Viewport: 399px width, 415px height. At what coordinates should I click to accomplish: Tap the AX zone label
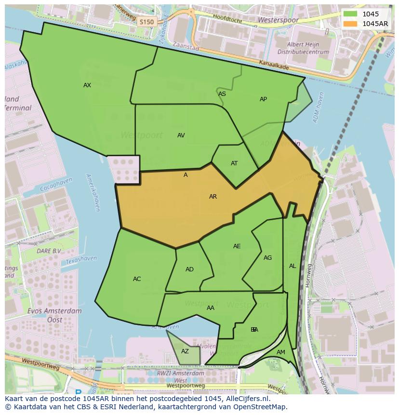click(87, 85)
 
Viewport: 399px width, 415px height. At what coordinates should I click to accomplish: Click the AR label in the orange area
click(213, 197)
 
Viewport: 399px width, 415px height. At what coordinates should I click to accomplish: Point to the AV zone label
click(181, 135)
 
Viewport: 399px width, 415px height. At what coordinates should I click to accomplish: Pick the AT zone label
click(234, 163)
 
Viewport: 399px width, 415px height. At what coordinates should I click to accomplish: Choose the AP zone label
click(263, 99)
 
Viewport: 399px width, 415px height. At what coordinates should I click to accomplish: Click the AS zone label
click(222, 94)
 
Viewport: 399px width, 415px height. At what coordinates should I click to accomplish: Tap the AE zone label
click(237, 246)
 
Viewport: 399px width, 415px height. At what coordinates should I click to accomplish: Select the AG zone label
click(267, 258)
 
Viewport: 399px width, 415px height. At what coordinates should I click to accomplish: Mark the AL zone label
click(293, 266)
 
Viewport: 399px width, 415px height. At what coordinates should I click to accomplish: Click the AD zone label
click(189, 269)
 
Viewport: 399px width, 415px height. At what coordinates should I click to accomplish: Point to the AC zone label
click(137, 279)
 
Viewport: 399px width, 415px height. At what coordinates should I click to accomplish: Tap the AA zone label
click(211, 308)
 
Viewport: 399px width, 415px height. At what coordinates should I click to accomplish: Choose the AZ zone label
click(185, 351)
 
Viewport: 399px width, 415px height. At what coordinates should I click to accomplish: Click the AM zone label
click(281, 352)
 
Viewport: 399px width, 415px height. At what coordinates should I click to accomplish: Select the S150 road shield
click(146, 22)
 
